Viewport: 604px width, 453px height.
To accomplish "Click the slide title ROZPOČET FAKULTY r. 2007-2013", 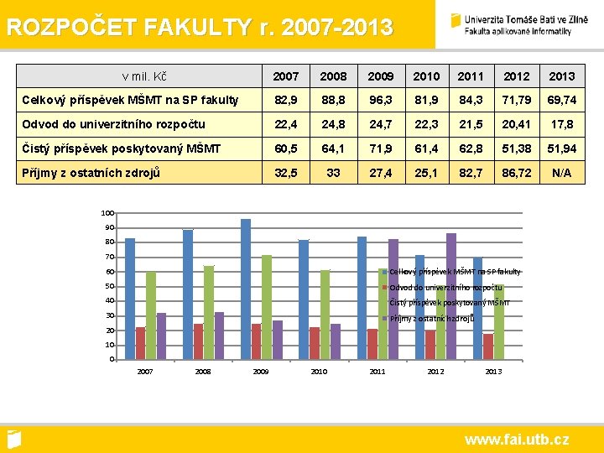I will pyautogui.click(x=199, y=28).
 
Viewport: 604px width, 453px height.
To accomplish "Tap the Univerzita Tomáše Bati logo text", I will pyautogui.click(x=518, y=24).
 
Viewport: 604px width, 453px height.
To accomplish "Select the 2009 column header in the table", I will pyautogui.click(x=380, y=76).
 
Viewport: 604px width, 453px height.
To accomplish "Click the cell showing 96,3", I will pyautogui.click(x=380, y=100).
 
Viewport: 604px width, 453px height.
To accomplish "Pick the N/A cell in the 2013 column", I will pyautogui.click(x=561, y=173).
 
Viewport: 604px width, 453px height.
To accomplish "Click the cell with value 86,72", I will pyautogui.click(x=516, y=173).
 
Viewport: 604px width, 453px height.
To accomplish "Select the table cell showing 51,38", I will pyautogui.click(x=516, y=148).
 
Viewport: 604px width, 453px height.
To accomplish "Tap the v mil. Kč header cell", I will pyautogui.click(x=143, y=76).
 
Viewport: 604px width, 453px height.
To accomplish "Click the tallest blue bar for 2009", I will pyautogui.click(x=246, y=289).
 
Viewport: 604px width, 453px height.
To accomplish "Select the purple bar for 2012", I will pyautogui.click(x=451, y=296).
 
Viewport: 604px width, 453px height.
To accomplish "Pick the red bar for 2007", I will pyautogui.click(x=140, y=343).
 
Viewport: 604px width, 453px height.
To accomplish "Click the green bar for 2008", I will pyautogui.click(x=209, y=312).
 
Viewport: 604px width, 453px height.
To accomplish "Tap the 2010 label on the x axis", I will pyautogui.click(x=319, y=371).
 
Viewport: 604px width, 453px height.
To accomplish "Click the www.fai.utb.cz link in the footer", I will pyautogui.click(x=517, y=439).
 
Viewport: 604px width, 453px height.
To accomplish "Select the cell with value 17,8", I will pyautogui.click(x=561, y=124).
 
